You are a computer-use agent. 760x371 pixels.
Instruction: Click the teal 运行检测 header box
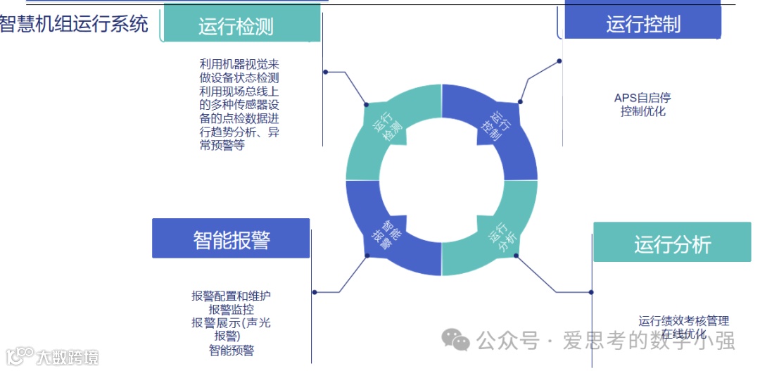click(241, 26)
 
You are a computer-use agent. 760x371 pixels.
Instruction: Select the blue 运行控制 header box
click(643, 24)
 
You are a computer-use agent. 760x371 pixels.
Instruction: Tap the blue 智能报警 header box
click(231, 239)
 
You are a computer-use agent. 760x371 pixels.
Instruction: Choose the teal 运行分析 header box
click(671, 244)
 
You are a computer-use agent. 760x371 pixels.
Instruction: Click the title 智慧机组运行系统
click(74, 23)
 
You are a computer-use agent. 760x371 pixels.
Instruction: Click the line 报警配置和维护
click(231, 296)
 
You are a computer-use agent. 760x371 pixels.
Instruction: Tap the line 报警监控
click(231, 309)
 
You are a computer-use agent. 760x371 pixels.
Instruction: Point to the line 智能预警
click(231, 350)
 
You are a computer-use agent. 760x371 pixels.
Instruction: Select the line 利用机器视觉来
click(239, 65)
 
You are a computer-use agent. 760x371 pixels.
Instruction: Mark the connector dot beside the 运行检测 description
click(325, 72)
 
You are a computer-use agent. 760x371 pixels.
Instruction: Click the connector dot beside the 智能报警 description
click(314, 292)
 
